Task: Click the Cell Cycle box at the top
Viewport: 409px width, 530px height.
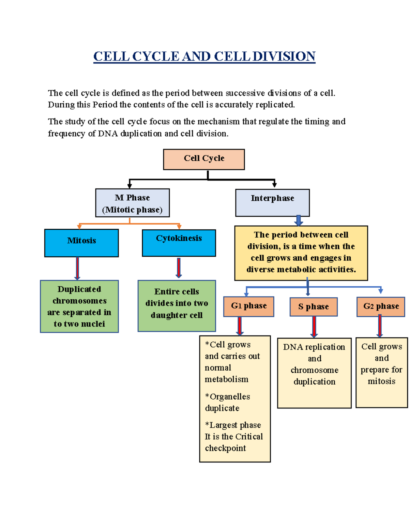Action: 204,159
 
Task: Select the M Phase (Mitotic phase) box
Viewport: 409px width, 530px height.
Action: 132,203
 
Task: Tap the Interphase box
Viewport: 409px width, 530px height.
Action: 272,203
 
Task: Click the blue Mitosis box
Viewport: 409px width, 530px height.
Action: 81,243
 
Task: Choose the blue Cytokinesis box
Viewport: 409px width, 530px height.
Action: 179,243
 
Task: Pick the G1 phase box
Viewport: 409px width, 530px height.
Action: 248,306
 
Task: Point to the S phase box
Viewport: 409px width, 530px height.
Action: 314,307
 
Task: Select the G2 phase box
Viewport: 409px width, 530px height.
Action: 381,306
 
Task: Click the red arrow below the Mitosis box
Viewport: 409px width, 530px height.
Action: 77,268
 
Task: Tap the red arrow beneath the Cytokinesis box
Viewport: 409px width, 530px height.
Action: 179,268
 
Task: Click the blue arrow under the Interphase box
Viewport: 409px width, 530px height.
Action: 299,220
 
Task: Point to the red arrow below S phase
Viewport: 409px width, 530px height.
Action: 314,327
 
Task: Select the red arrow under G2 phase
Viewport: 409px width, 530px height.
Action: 380,326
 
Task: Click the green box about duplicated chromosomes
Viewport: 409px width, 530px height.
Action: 79,306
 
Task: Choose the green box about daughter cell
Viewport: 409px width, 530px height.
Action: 177,306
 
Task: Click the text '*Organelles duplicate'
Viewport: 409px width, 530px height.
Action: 227,402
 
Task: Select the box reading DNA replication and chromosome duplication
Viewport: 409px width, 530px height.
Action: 314,373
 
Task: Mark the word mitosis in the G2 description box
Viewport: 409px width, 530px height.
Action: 381,381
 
